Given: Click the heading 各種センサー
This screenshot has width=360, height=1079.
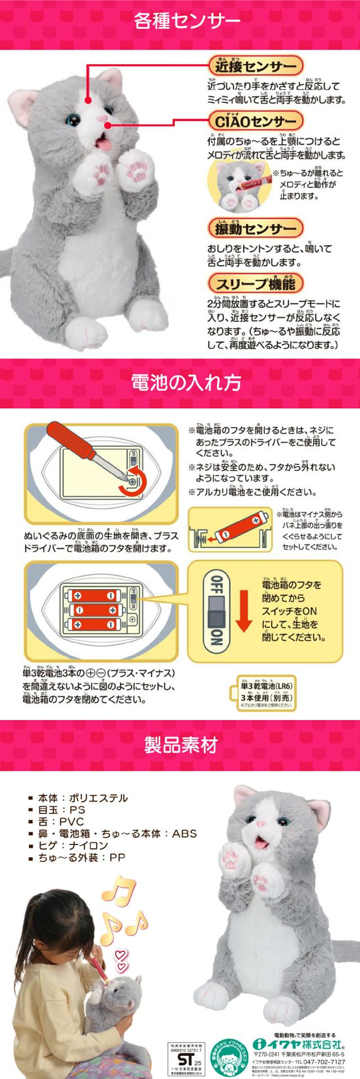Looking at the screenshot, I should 179,21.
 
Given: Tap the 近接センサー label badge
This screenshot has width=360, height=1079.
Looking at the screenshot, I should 255,66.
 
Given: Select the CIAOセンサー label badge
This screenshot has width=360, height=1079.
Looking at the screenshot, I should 255,121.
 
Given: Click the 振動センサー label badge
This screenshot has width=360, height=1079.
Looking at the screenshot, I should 255,229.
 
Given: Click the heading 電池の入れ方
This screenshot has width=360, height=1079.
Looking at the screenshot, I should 179,383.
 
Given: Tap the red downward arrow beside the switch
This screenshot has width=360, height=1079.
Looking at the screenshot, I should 244,610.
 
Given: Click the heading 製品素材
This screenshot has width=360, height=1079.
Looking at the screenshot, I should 179,745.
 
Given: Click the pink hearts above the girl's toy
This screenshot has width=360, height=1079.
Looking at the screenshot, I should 121,955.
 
